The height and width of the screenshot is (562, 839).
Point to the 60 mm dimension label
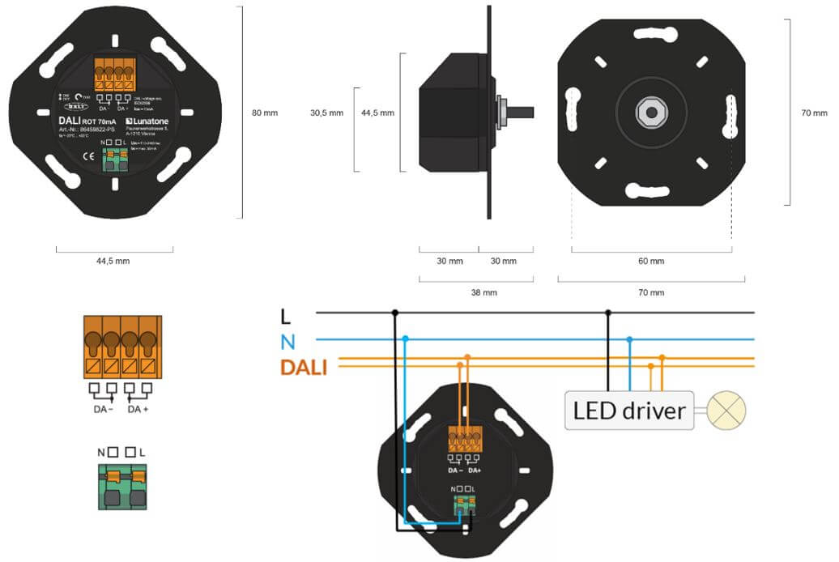[651, 261]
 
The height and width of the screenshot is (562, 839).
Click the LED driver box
[629, 411]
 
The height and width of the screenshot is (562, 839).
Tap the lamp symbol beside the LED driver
[727, 411]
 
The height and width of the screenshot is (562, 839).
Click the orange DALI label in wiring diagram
[304, 368]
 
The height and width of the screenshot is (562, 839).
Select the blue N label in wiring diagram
[287, 342]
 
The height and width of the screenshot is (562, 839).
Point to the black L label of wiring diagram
[286, 315]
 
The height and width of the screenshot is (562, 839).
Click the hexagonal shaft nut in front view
[649, 113]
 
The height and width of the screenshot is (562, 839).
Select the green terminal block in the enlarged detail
[122, 485]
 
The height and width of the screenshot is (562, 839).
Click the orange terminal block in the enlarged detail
[122, 347]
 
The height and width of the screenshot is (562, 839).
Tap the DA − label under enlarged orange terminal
[103, 409]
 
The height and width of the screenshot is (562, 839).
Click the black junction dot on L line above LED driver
[608, 313]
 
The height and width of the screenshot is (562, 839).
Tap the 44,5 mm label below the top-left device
[114, 261]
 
